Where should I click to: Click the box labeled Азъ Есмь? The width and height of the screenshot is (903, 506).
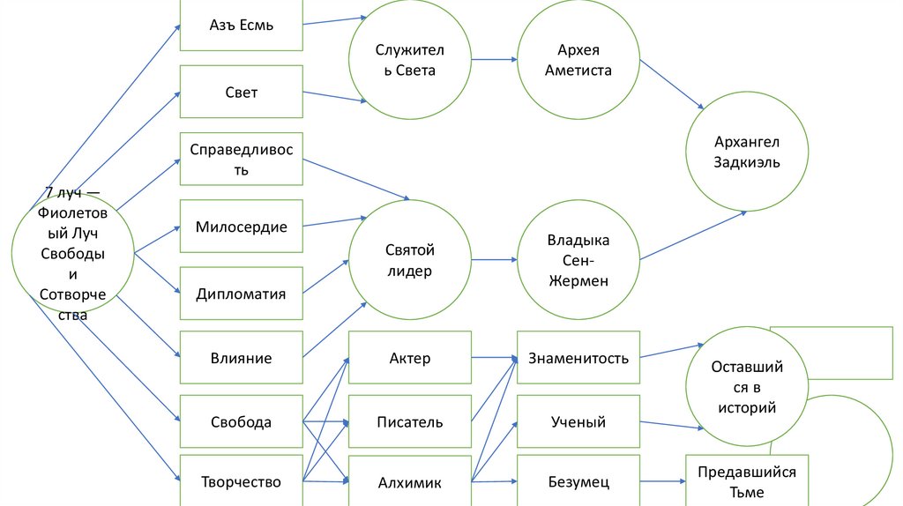pyautogui.click(x=242, y=25)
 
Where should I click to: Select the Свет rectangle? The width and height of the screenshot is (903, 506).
pyautogui.click(x=242, y=92)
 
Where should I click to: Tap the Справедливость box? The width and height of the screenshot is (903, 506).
pyautogui.click(x=242, y=159)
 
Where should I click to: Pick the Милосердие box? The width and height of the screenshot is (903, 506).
pyautogui.click(x=242, y=227)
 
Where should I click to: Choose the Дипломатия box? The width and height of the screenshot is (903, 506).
pyautogui.click(x=242, y=294)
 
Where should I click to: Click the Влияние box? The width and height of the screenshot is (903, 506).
pyautogui.click(x=242, y=358)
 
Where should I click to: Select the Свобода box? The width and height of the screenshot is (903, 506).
pyautogui.click(x=242, y=422)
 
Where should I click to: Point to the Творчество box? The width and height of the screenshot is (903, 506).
pyautogui.click(x=242, y=481)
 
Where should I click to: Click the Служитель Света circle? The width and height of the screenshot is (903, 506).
pyautogui.click(x=410, y=60)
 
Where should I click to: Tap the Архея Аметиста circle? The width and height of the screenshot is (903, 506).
pyautogui.click(x=578, y=60)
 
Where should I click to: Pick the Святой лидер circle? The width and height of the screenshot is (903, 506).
pyautogui.click(x=410, y=261)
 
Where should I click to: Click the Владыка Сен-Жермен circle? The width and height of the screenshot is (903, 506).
pyautogui.click(x=578, y=261)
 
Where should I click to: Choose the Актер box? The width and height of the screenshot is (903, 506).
pyautogui.click(x=410, y=358)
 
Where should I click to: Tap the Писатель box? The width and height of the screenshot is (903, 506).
pyautogui.click(x=410, y=422)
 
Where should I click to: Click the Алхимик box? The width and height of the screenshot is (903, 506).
pyautogui.click(x=410, y=481)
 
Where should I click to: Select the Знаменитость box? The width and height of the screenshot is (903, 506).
pyautogui.click(x=578, y=358)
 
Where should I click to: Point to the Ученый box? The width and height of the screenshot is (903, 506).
pyautogui.click(x=578, y=422)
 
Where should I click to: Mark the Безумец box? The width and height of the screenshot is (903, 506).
pyautogui.click(x=578, y=481)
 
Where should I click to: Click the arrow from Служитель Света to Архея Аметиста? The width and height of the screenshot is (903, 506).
pyautogui.click(x=494, y=60)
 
